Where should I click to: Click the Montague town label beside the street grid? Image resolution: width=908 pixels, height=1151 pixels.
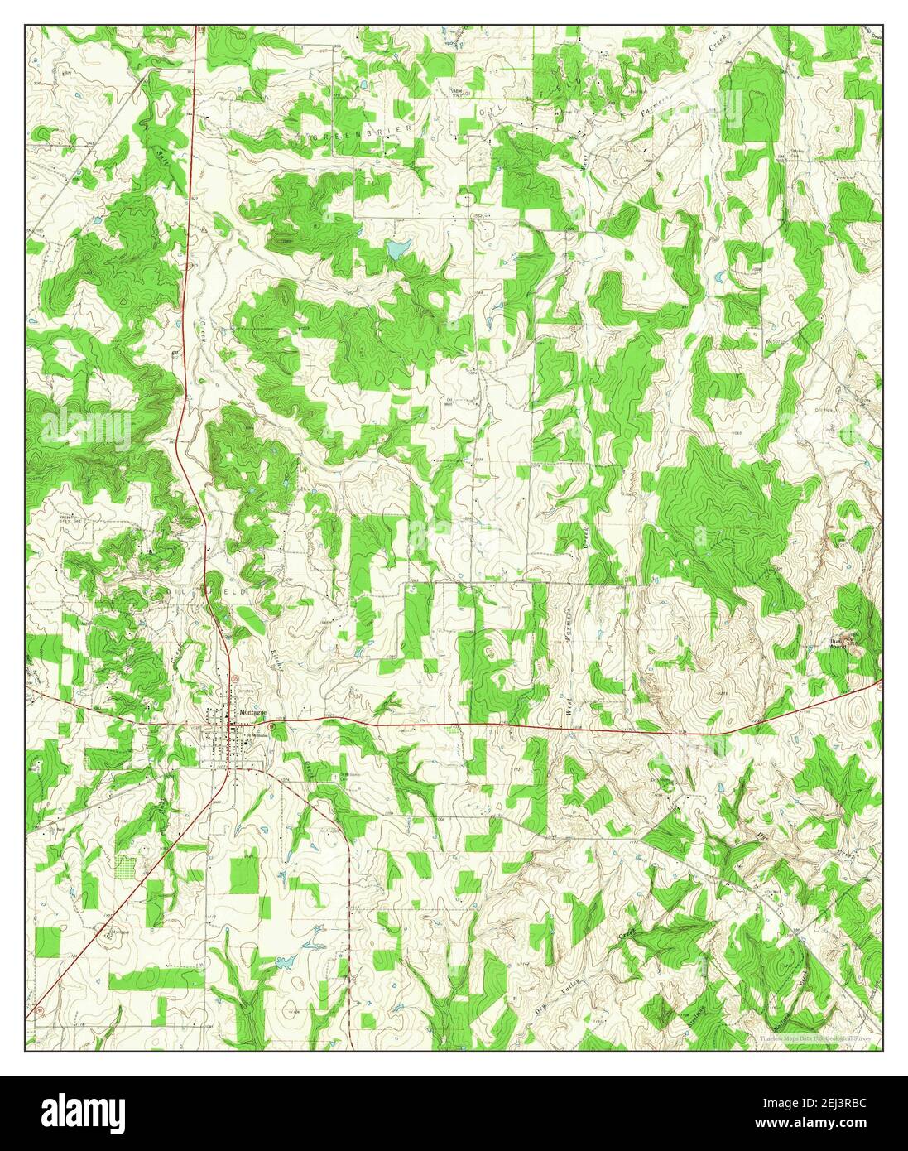(252, 711)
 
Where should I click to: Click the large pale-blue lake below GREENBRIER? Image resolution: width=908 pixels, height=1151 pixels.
(398, 248)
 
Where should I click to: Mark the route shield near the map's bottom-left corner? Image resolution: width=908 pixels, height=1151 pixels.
(38, 1012)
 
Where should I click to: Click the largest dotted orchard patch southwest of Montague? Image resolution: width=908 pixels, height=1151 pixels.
(126, 867)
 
